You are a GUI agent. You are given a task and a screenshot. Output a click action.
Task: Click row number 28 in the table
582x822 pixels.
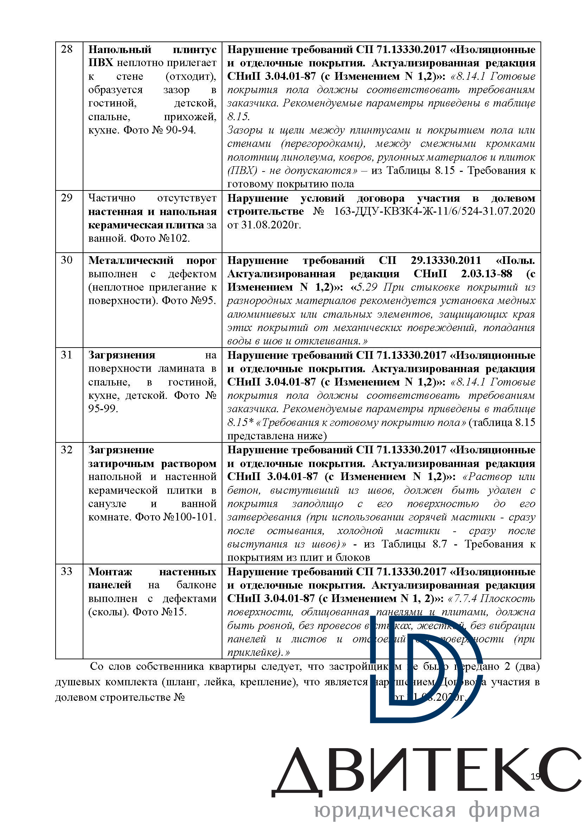[67, 50]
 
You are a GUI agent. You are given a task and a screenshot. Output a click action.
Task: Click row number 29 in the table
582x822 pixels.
[67, 198]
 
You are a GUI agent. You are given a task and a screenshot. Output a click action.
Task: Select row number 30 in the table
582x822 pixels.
[67, 260]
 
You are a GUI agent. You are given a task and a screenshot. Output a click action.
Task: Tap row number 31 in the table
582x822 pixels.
[67, 355]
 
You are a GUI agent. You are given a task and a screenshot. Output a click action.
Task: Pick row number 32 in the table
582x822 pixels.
[67, 450]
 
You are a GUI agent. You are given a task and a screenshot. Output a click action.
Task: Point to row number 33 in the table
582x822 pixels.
[67, 571]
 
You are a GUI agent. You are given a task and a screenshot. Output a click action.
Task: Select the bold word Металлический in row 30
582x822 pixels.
[131, 260]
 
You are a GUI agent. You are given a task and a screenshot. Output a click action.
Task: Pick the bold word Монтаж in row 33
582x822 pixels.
[110, 571]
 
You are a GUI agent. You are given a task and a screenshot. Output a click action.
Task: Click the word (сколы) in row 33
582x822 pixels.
[109, 612]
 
